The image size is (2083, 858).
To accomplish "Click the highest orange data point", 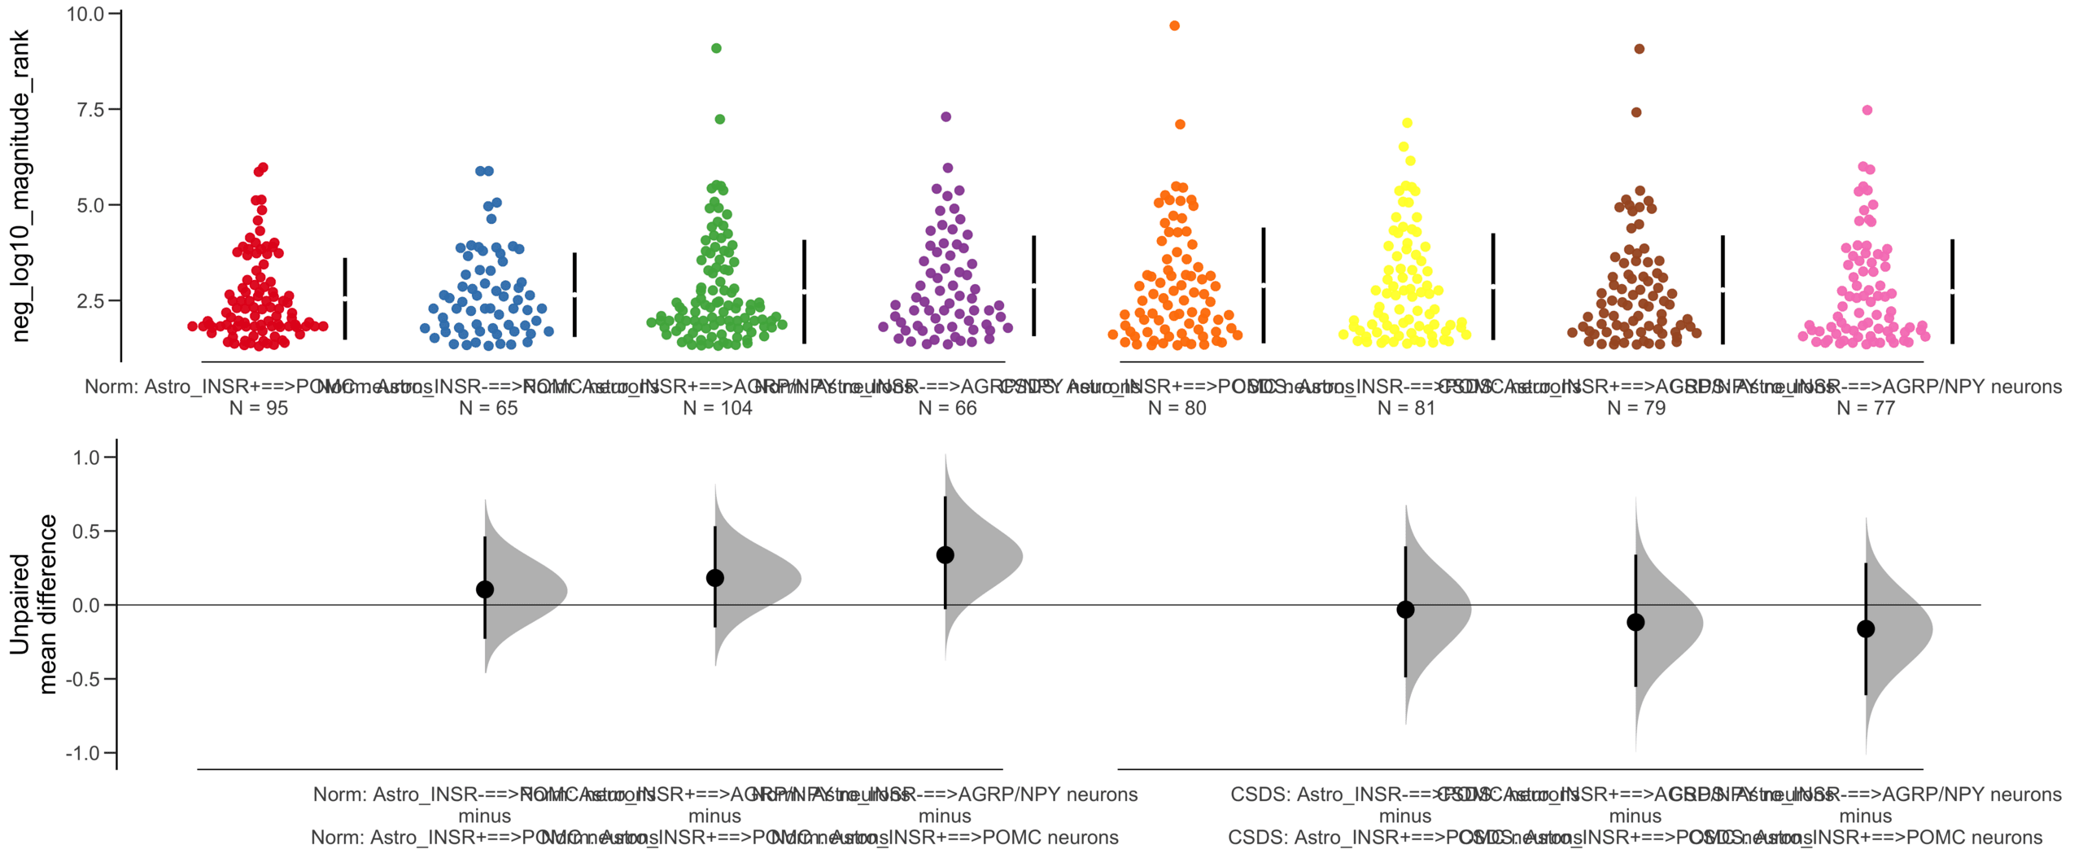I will click(x=1174, y=26).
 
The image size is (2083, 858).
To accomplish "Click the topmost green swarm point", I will click(x=716, y=48).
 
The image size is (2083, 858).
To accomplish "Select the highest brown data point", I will click(x=1639, y=49).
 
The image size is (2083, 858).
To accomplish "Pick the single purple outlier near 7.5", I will click(x=945, y=116).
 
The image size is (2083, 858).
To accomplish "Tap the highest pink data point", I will click(x=1867, y=110).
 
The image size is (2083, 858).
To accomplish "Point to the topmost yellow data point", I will click(x=1407, y=123).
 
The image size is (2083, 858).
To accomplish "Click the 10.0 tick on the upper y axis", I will click(x=85, y=14).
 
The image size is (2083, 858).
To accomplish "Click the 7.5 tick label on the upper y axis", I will click(x=90, y=110).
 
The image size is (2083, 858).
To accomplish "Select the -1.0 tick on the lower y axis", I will click(x=83, y=753).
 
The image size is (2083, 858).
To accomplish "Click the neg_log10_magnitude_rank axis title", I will click(x=20, y=186).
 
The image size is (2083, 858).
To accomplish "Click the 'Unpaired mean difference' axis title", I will click(x=33, y=604).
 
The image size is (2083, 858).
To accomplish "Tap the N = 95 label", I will click(x=259, y=408).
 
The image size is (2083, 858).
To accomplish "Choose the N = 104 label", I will click(x=717, y=408).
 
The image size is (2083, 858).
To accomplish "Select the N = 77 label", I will click(x=1866, y=408).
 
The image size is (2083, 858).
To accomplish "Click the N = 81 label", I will click(x=1406, y=408).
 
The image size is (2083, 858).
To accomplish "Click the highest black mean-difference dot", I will click(x=945, y=555).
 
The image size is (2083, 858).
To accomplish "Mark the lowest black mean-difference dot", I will click(x=1866, y=628).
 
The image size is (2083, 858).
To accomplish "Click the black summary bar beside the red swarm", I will click(x=345, y=298).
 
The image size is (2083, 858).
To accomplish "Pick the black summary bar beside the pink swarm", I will click(x=1952, y=291).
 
